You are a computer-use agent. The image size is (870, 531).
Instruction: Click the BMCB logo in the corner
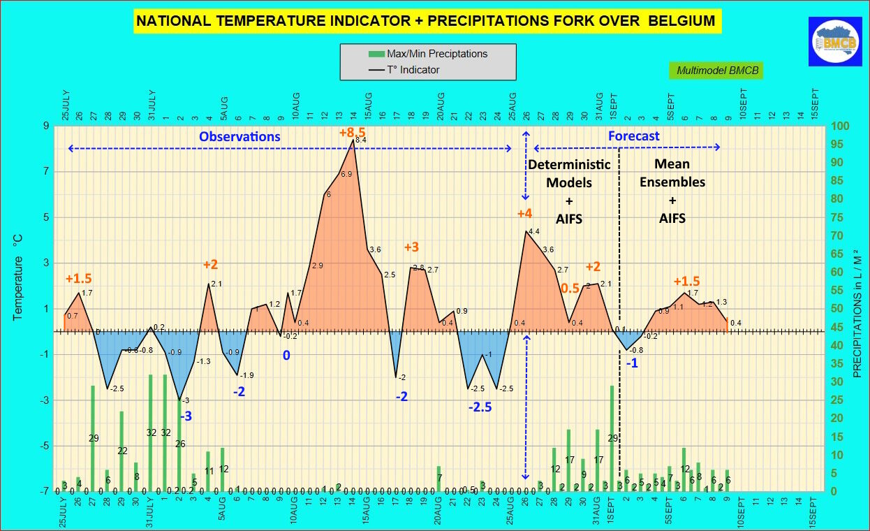pos(835,42)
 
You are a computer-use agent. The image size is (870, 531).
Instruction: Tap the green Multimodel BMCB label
pos(717,71)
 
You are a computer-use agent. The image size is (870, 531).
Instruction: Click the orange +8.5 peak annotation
pos(352,132)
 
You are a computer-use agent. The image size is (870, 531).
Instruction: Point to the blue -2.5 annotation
pos(480,407)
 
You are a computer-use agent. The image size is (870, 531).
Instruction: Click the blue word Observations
pos(239,136)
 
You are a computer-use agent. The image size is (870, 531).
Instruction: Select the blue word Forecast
pos(633,136)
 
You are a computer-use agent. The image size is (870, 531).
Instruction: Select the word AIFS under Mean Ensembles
pos(672,218)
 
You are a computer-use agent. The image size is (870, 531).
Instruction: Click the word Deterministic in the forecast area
pos(569,165)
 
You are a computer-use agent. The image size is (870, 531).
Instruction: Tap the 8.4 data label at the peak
pos(361,140)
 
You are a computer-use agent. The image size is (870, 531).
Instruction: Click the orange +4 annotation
pos(524,213)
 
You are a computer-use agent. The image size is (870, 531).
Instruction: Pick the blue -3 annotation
pos(186,416)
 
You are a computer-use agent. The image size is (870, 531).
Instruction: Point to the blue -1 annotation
pos(631,363)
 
